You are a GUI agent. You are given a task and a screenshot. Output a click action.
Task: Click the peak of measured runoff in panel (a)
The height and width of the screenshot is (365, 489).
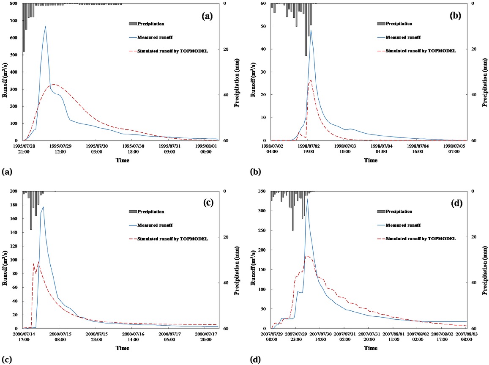click(45, 26)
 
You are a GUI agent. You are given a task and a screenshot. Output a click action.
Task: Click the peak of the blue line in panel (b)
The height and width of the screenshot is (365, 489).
click(311, 30)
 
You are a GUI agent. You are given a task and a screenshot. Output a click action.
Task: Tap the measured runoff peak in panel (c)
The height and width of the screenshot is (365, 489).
click(43, 207)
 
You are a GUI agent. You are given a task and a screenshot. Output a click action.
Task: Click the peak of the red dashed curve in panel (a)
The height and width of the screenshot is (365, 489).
click(55, 84)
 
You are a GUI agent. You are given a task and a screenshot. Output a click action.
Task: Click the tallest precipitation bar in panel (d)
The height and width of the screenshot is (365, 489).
click(292, 211)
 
